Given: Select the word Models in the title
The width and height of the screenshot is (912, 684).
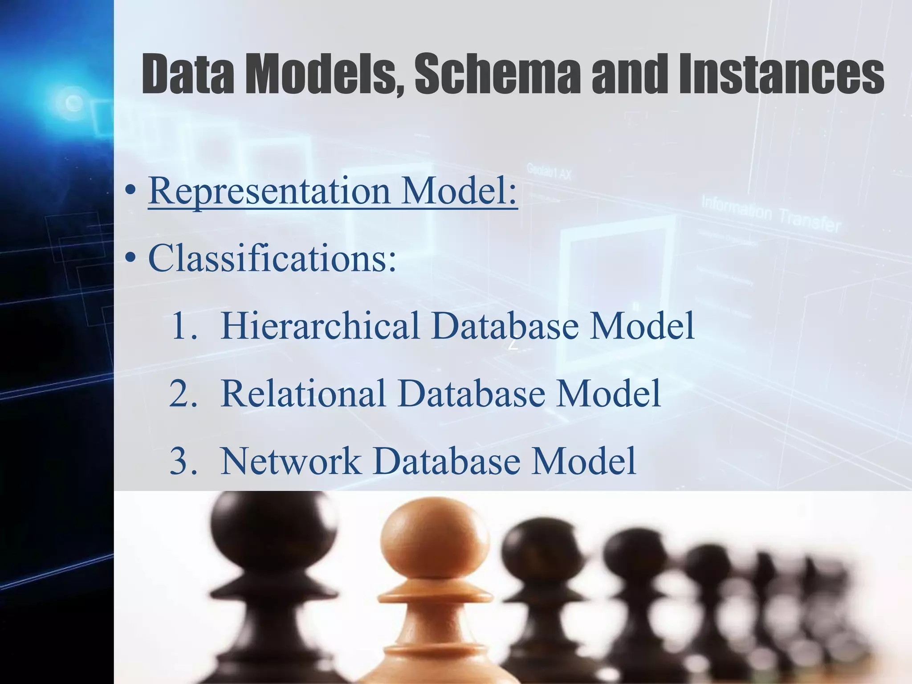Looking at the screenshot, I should click(325, 74).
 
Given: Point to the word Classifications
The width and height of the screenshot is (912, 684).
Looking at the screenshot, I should click(272, 258).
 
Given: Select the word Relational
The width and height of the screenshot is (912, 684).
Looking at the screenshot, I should click(303, 393).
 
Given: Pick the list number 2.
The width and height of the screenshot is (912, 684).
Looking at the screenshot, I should click(183, 394).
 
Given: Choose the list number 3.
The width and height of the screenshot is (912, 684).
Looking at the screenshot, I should click(183, 461).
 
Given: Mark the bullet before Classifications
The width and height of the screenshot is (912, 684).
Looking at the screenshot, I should click(130, 258).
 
